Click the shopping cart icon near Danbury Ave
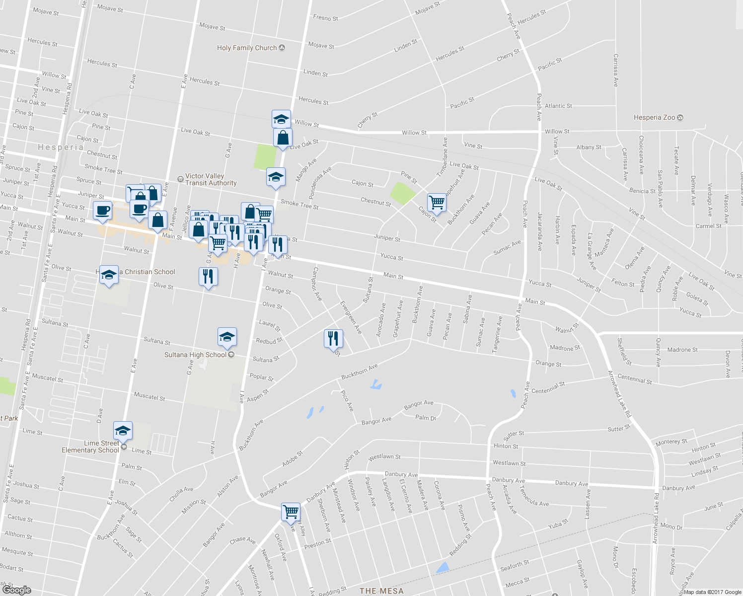pyautogui.click(x=291, y=512)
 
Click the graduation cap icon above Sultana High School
pyautogui.click(x=227, y=337)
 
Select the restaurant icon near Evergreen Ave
pyautogui.click(x=333, y=339)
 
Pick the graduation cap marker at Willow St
pyautogui.click(x=281, y=119)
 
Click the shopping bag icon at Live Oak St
pyautogui.click(x=283, y=138)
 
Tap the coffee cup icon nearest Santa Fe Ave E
pyautogui.click(x=103, y=210)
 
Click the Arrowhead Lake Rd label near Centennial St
pyautogui.click(x=620, y=394)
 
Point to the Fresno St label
pyautogui.click(x=325, y=18)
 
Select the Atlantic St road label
pyautogui.click(x=558, y=106)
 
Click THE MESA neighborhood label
pyautogui.click(x=381, y=591)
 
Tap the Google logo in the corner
pyautogui.click(x=17, y=590)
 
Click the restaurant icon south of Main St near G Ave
pyautogui.click(x=208, y=276)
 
